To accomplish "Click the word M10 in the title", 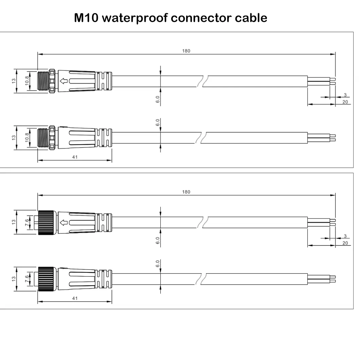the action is pyautogui.click(x=86, y=18).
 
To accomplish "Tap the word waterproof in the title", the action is pyautogui.click(x=135, y=18).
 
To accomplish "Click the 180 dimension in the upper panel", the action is pyautogui.click(x=186, y=51).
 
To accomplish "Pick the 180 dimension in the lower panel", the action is pyautogui.click(x=186, y=192).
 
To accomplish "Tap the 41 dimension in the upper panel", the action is pyautogui.click(x=75, y=157).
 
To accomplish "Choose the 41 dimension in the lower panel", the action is pyautogui.click(x=75, y=298).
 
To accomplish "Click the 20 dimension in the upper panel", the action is pyautogui.click(x=345, y=102).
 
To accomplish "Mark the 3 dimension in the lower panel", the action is pyautogui.click(x=345, y=236).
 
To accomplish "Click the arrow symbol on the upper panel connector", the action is pyautogui.click(x=64, y=81).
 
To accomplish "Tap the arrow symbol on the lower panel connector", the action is pyautogui.click(x=64, y=222).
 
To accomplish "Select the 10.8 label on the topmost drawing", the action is pyautogui.click(x=27, y=81).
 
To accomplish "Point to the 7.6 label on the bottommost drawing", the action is pyautogui.click(x=27, y=279).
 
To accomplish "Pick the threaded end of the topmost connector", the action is pyautogui.click(x=43, y=81).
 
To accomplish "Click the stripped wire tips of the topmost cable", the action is pyautogui.click(x=333, y=81).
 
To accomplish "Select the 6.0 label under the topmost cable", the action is pyautogui.click(x=158, y=99).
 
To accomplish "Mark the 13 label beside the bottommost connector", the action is pyautogui.click(x=14, y=279).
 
